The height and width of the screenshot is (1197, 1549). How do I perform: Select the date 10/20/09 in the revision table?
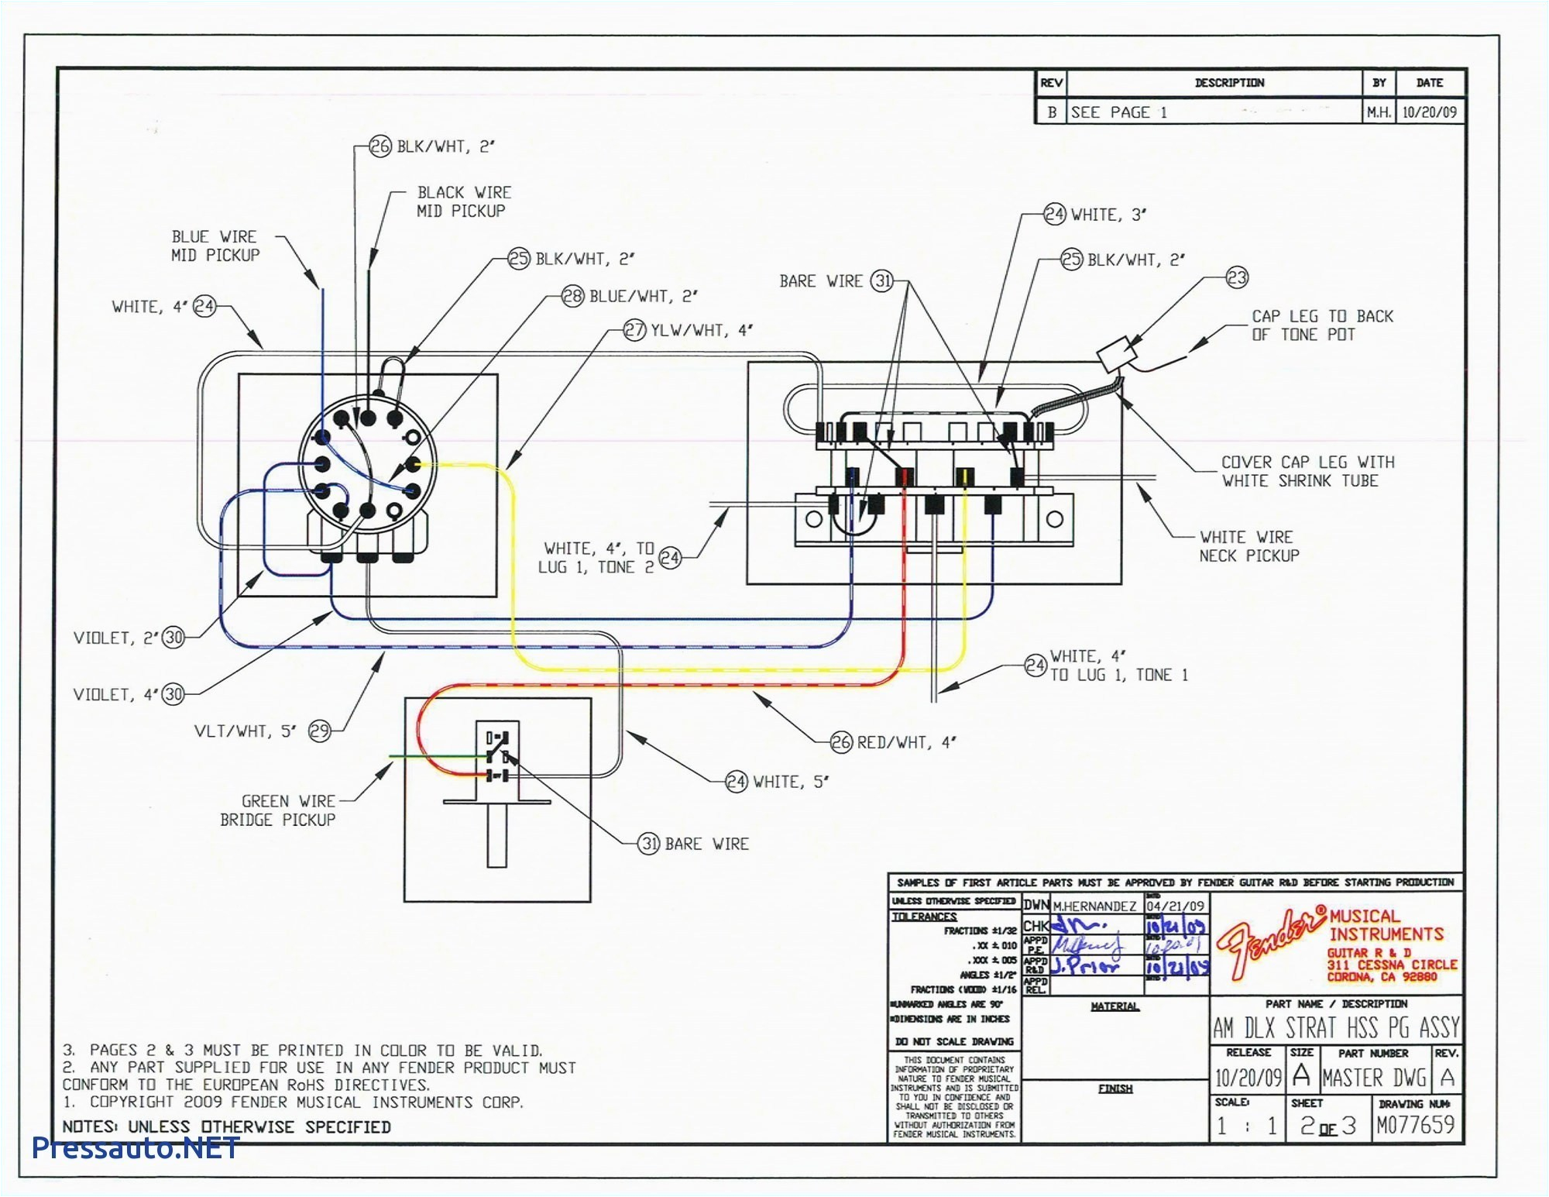1429,112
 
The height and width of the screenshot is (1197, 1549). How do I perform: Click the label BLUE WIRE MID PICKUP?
215,246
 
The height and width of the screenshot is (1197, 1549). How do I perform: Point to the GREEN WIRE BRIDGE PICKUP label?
278,810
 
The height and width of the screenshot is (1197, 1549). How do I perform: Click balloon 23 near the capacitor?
1237,277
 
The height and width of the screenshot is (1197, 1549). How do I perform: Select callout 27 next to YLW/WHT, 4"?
634,330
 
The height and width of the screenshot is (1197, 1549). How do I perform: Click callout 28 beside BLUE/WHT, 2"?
572,296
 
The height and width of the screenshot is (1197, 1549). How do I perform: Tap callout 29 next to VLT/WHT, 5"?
320,731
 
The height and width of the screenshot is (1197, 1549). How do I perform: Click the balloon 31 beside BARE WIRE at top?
882,281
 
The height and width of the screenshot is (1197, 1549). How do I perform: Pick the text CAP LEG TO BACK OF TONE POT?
1321,325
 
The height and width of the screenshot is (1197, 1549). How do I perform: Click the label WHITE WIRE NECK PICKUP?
1248,546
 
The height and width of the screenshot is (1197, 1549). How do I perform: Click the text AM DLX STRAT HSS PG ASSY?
1335,1028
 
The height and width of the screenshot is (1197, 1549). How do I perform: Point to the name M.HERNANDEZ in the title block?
1094,906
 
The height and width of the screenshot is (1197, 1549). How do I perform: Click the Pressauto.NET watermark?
136,1147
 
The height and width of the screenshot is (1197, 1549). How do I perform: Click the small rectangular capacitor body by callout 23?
1116,356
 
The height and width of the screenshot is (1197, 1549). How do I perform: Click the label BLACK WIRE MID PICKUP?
463,201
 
